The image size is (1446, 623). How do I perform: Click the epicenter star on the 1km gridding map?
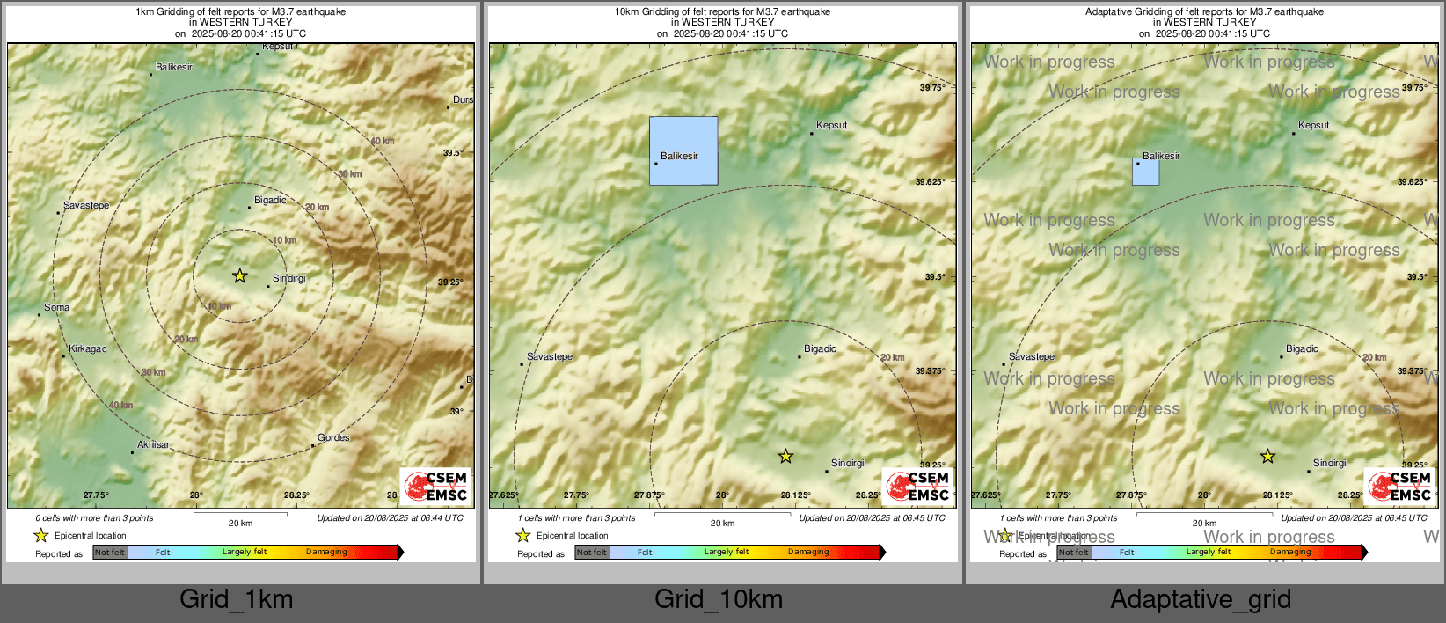240,276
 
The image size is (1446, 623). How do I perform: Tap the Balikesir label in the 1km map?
174,68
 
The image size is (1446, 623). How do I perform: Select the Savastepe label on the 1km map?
86,206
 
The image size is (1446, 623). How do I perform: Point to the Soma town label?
56,308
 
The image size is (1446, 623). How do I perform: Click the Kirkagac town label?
88,349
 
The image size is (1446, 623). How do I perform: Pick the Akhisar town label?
153,445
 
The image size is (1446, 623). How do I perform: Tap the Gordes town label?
333,438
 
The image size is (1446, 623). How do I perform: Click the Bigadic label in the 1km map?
270,201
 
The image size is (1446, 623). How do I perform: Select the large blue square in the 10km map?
683,150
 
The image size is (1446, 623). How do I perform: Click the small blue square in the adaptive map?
1145,172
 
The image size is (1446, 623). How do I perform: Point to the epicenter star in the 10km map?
785,457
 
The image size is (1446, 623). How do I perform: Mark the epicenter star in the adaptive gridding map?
1267,457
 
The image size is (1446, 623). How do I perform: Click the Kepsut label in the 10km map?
831,126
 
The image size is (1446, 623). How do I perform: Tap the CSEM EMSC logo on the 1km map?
436,486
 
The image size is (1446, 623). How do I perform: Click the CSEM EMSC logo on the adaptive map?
1400,486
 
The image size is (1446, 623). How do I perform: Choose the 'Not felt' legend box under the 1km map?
110,553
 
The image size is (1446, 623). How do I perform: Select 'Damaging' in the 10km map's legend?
808,553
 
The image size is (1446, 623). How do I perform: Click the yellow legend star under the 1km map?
40,536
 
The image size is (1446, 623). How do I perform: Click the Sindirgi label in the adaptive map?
1329,464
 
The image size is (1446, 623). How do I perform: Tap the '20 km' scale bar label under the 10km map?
722,524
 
